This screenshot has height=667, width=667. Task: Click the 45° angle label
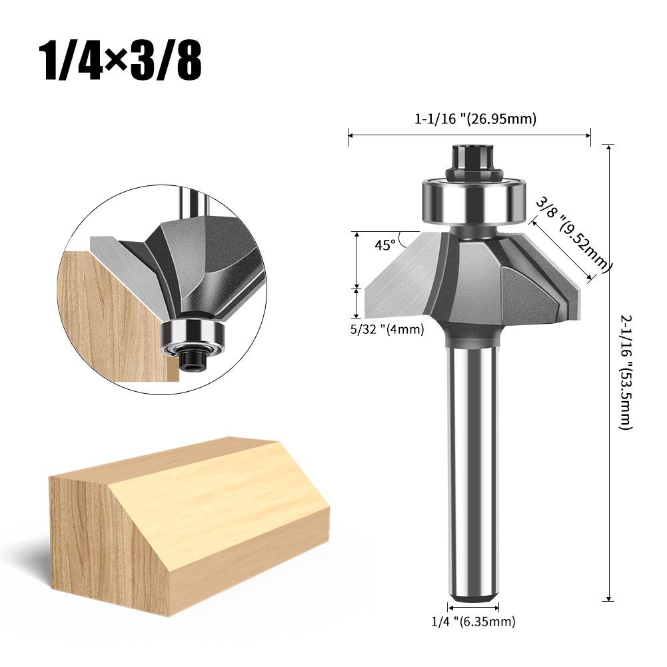click(384, 245)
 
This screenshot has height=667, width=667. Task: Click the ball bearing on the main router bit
click(472, 198)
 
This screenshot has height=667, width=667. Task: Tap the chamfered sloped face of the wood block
click(220, 493)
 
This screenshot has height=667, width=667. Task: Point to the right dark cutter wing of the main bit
click(533, 293)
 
